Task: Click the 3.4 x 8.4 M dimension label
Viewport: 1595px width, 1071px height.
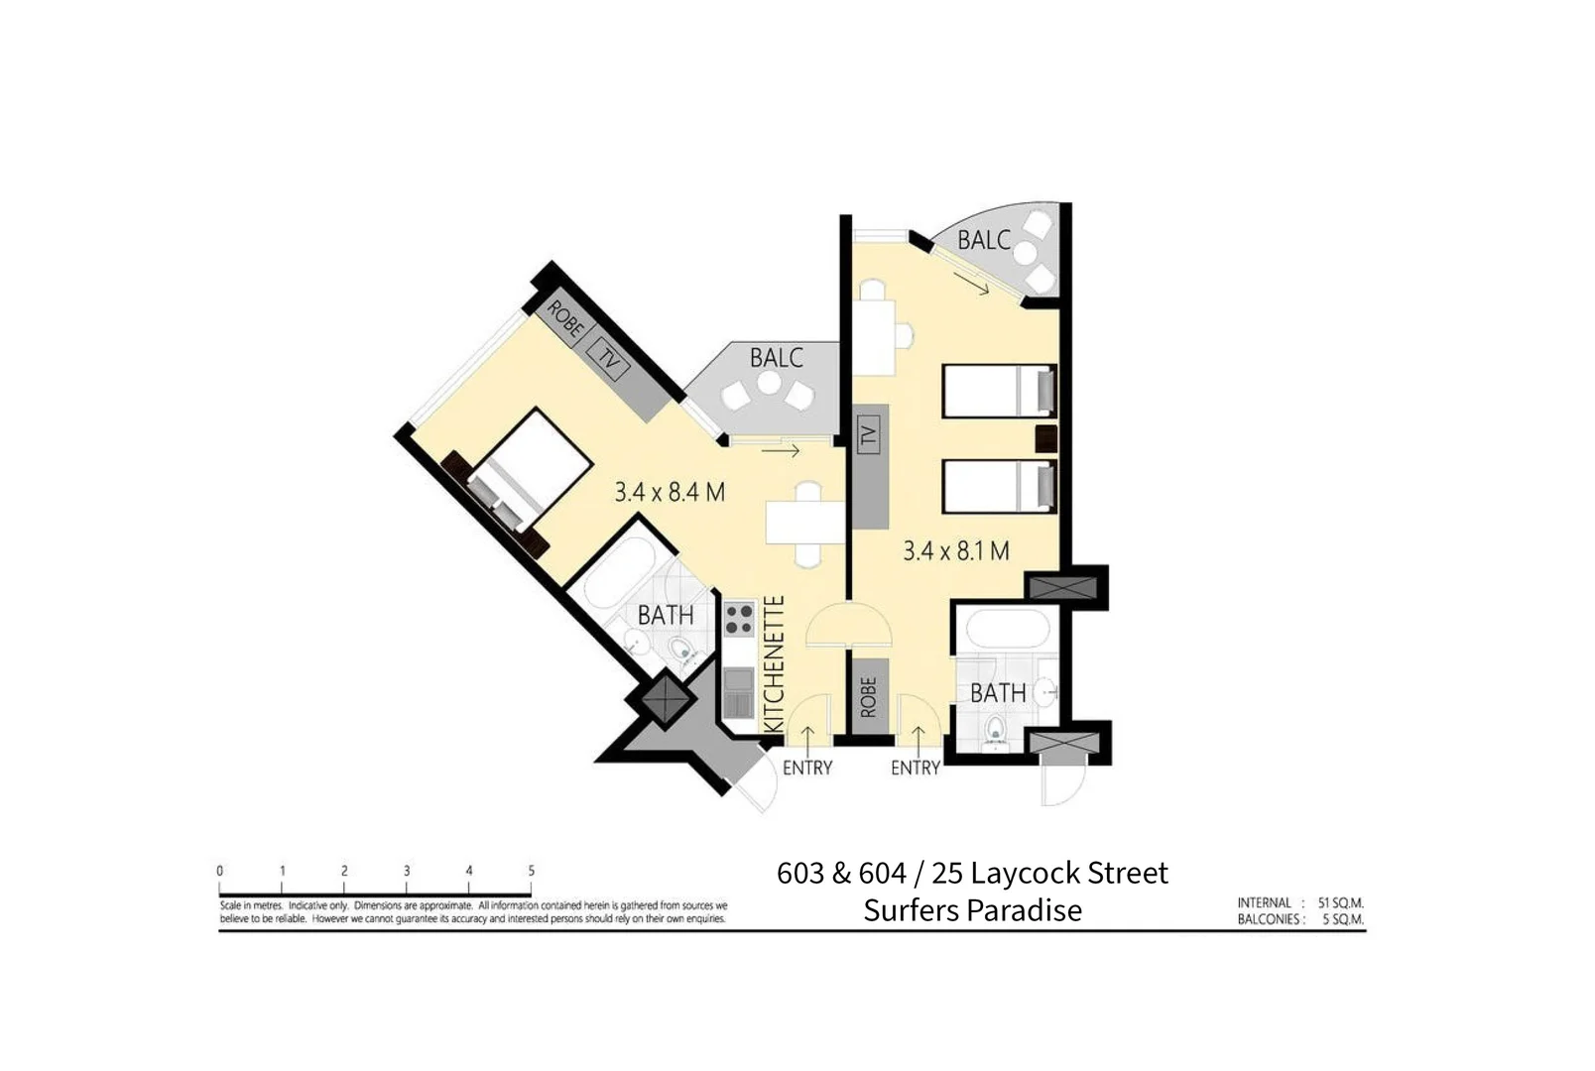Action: (x=670, y=492)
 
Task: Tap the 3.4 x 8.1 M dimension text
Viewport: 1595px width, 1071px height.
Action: (x=955, y=551)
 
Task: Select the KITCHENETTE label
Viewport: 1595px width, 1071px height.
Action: (x=775, y=664)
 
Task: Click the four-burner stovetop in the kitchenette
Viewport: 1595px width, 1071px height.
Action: (x=739, y=619)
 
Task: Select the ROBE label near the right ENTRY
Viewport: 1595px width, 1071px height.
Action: (x=869, y=696)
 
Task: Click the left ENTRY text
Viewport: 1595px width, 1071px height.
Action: (x=806, y=768)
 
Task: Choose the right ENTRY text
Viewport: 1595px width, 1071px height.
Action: (x=915, y=768)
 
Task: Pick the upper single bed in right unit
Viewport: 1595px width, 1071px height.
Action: (x=997, y=391)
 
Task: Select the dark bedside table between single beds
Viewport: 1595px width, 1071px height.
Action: (x=1045, y=437)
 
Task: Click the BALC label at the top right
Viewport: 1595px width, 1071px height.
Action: (x=983, y=240)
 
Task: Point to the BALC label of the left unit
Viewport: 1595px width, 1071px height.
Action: (x=776, y=358)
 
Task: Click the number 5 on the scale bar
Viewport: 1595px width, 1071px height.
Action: (x=531, y=871)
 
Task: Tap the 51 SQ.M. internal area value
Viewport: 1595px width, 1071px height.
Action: (x=1340, y=903)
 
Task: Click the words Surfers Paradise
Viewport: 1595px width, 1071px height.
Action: (x=972, y=910)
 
